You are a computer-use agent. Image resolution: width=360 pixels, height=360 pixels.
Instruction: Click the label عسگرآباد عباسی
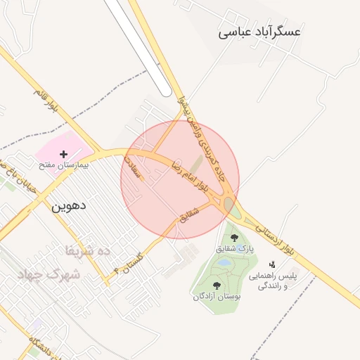tap(259, 32)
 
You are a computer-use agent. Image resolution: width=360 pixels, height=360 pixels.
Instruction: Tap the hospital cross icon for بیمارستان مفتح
tap(64, 153)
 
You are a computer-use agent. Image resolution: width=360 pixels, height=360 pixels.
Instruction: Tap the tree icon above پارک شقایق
tap(234, 238)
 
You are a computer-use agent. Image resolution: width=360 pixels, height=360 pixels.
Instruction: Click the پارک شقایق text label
tap(236, 248)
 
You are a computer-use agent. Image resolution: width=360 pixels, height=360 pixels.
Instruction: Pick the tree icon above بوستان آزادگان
tap(217, 285)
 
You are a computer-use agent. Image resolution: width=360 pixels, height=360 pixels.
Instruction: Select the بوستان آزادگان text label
tap(217, 297)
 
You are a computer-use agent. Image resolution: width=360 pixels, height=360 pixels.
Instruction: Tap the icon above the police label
tap(272, 264)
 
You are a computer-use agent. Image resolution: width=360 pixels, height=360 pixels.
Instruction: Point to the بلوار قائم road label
tap(46, 98)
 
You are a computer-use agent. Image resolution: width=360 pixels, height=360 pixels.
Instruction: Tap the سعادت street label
tap(134, 165)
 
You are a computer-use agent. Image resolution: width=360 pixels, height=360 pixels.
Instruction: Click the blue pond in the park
tap(224, 262)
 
